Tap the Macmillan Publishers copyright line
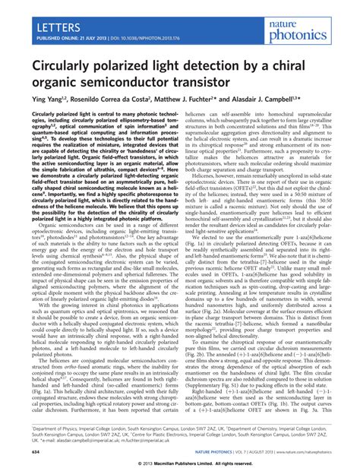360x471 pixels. coord(180,463)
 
